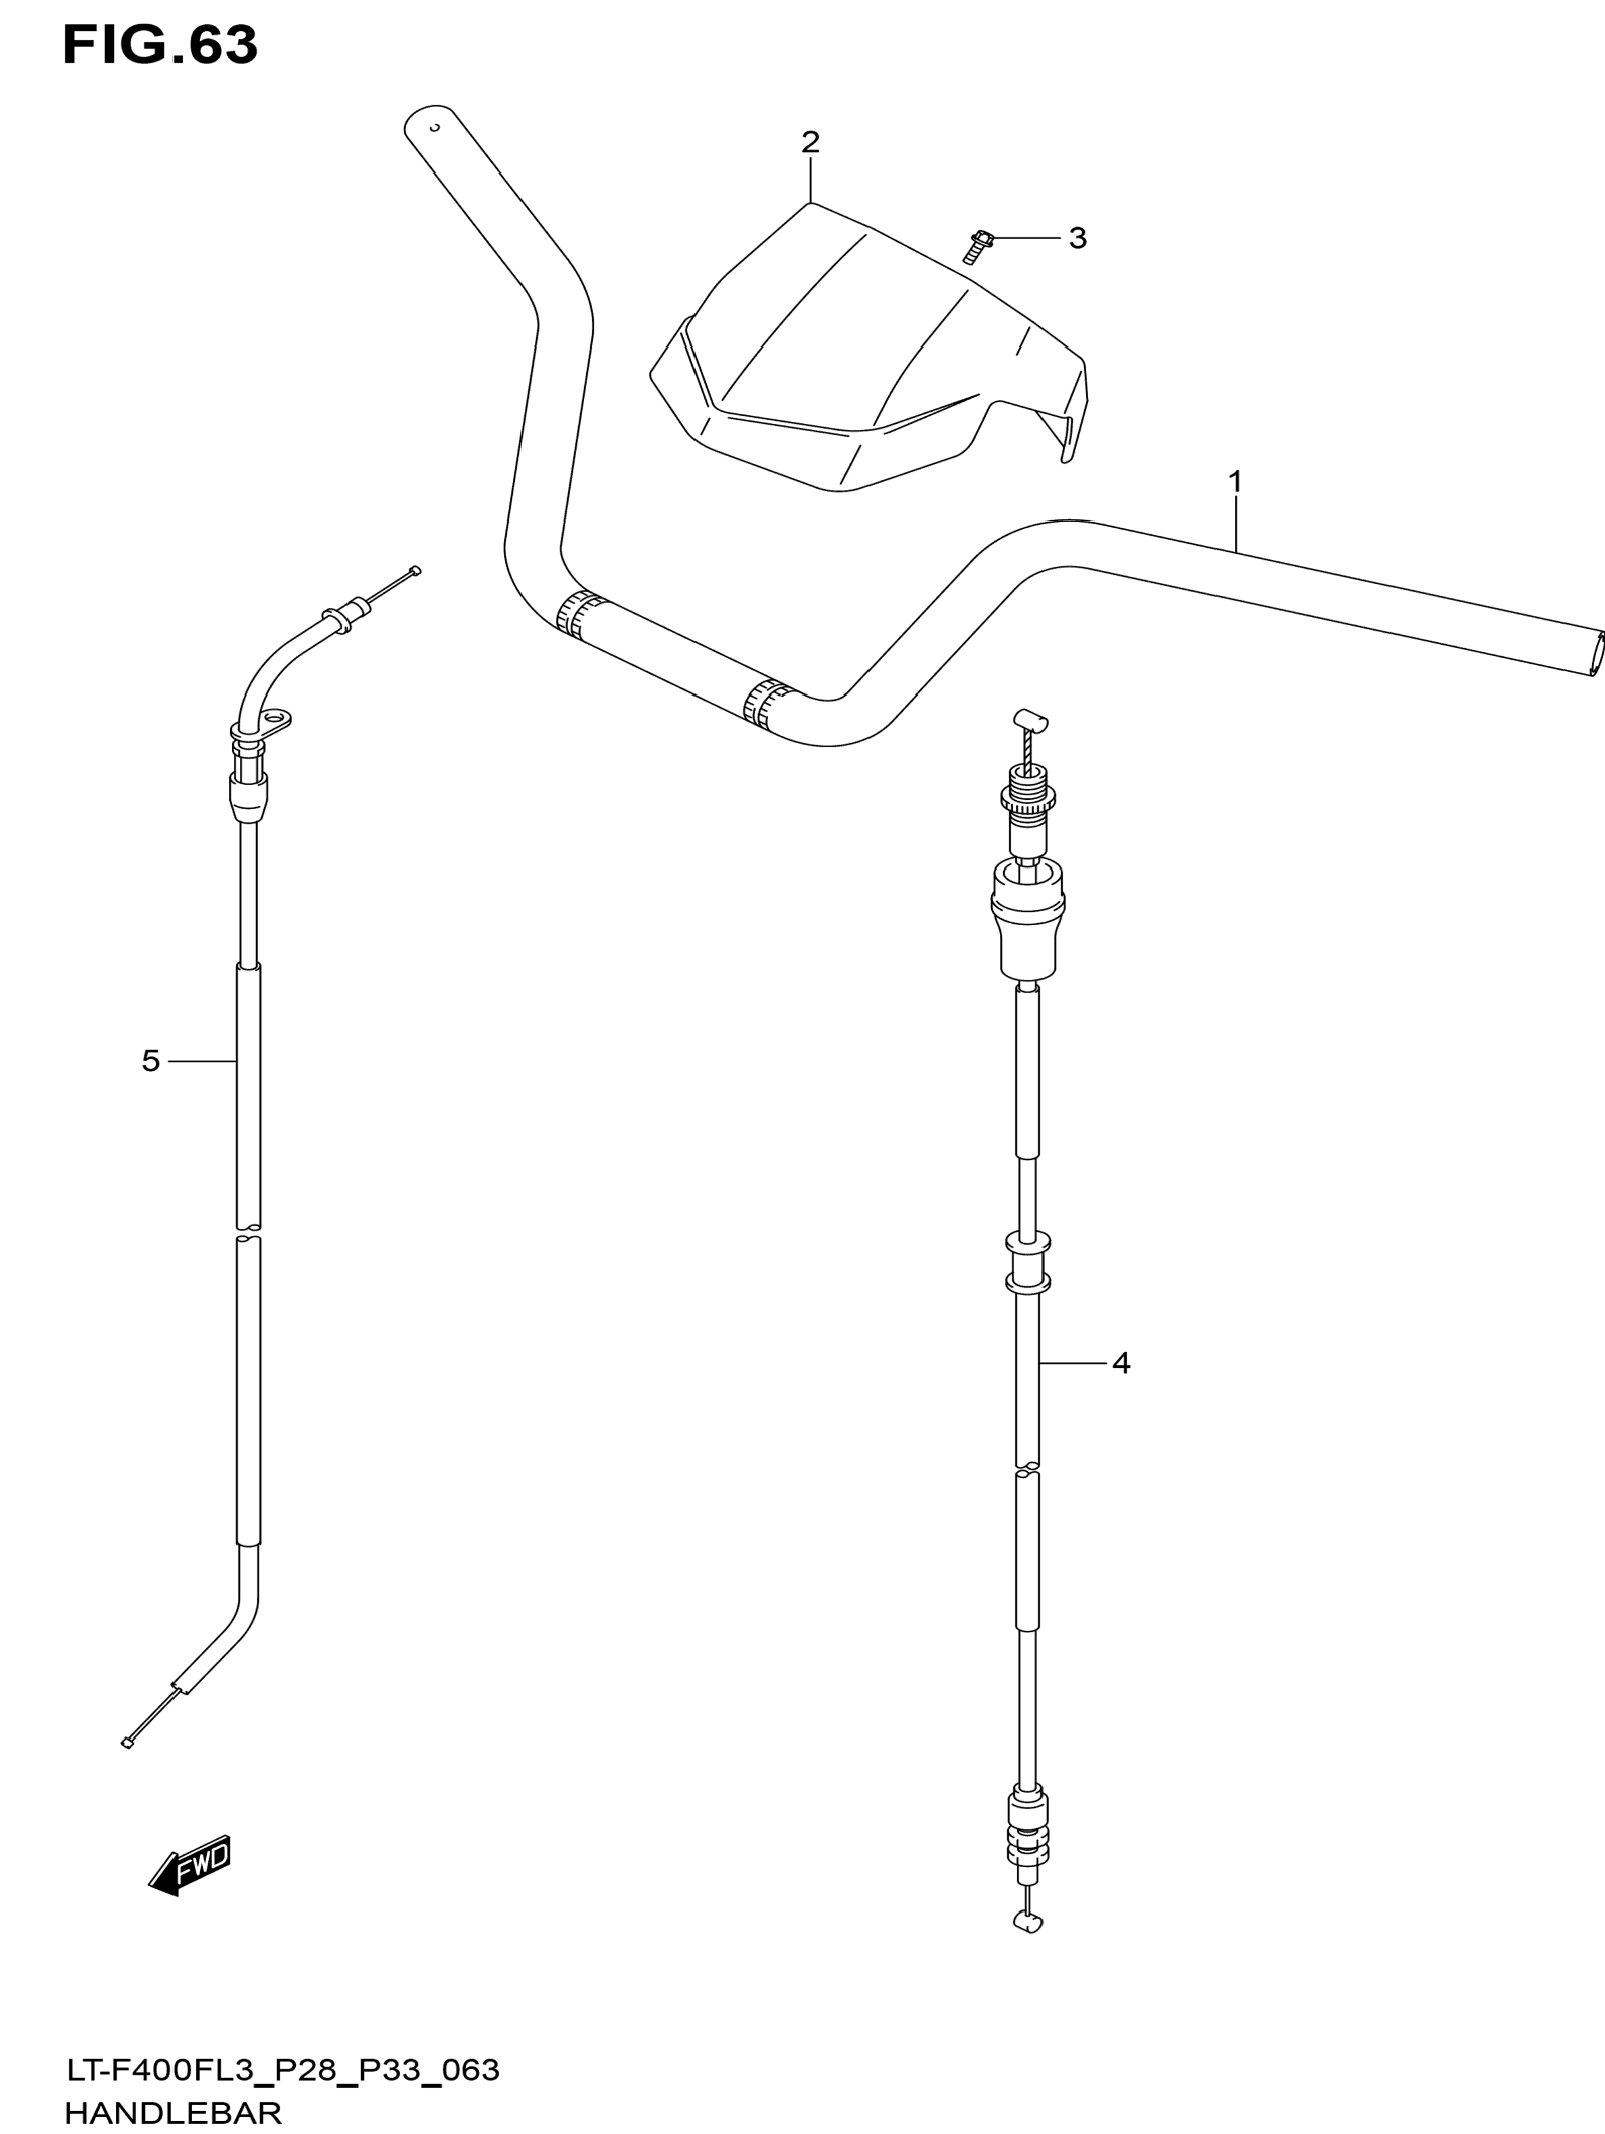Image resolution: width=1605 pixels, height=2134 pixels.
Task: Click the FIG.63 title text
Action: (160, 45)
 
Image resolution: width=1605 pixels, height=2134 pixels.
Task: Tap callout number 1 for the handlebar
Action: (1234, 480)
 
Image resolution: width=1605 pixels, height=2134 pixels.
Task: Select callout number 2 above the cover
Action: (810, 142)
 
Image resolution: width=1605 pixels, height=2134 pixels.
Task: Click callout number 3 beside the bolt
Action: (1077, 237)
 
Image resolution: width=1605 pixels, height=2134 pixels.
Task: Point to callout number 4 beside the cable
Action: (1120, 1362)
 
